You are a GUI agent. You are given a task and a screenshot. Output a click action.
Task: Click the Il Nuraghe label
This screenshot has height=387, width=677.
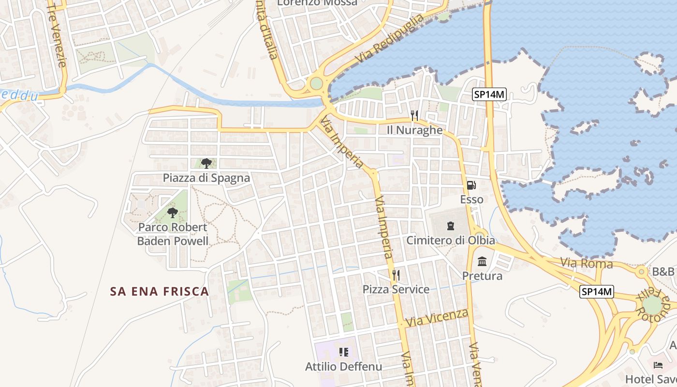click(x=415, y=130)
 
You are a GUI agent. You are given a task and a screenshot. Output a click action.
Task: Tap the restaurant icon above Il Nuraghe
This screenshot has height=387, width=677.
click(x=414, y=115)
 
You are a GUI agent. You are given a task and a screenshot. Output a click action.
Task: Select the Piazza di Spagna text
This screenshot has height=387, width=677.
click(x=206, y=178)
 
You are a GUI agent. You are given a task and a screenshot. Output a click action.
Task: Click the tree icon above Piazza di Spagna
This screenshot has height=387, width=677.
click(x=206, y=163)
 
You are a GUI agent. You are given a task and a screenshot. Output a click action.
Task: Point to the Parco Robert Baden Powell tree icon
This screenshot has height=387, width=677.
click(x=173, y=212)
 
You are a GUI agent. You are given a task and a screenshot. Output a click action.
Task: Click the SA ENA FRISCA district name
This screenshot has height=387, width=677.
click(x=160, y=291)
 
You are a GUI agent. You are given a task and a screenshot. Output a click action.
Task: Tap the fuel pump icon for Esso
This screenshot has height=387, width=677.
click(x=470, y=185)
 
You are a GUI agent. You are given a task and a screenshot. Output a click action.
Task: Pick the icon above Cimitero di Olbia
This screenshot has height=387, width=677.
click(x=451, y=225)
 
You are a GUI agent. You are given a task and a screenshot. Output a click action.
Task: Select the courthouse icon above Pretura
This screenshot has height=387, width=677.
click(x=482, y=262)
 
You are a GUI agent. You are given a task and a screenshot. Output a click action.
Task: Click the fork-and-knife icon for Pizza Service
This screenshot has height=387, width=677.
click(x=396, y=275)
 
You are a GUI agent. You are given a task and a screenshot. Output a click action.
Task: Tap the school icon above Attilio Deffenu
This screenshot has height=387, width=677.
click(x=344, y=352)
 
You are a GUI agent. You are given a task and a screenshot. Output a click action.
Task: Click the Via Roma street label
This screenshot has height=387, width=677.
click(x=587, y=264)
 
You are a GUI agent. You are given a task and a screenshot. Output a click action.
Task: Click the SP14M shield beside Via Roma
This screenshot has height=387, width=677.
click(x=597, y=292)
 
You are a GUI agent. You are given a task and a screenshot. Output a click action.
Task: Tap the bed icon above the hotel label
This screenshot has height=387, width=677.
click(x=658, y=365)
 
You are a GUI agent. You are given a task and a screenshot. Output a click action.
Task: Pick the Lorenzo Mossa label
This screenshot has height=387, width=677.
click(x=317, y=3)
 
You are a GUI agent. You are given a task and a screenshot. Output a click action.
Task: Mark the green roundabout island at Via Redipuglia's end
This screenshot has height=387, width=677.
click(x=316, y=84)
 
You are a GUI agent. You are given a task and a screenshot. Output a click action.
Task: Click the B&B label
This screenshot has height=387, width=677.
click(x=663, y=271)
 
